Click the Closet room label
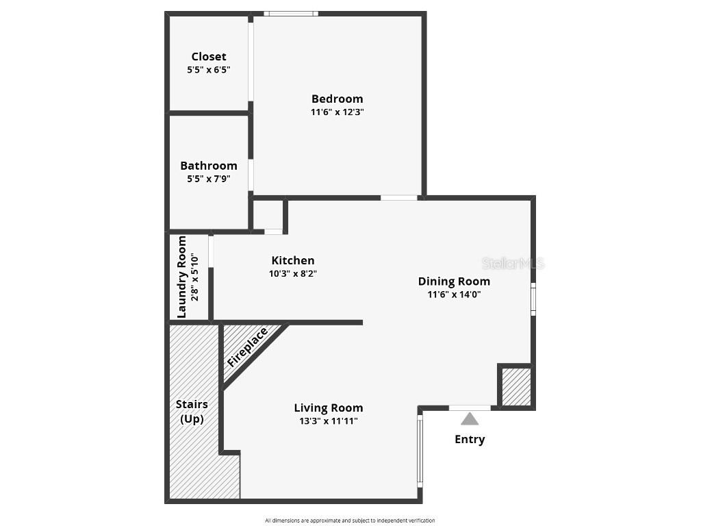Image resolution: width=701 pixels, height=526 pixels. (x=209, y=57)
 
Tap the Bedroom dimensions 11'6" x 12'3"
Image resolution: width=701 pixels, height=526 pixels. (x=337, y=112)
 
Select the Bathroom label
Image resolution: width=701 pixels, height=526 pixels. (x=209, y=166)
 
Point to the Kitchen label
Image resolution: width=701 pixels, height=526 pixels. (x=293, y=260)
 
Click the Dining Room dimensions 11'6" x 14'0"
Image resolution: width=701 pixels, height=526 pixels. (x=454, y=295)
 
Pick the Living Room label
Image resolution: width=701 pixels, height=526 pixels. (x=329, y=408)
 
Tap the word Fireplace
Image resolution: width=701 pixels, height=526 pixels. (x=248, y=348)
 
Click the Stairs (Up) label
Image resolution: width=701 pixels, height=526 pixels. (x=192, y=412)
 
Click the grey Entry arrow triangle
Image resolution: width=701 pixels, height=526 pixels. (x=470, y=419)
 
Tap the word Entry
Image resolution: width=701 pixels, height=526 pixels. (x=470, y=440)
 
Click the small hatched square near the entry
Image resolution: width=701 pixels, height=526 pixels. (x=516, y=387)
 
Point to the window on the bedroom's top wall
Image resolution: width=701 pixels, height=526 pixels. (x=291, y=13)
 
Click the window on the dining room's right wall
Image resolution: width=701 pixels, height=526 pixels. (x=533, y=300)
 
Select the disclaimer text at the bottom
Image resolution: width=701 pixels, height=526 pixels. (x=350, y=521)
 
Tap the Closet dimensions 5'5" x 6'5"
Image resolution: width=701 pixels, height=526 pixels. (x=209, y=70)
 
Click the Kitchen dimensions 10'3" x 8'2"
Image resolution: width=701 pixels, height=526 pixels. (x=293, y=273)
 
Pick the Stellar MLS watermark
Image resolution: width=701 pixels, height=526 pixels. (x=513, y=263)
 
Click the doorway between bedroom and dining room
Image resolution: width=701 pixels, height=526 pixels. (x=399, y=198)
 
